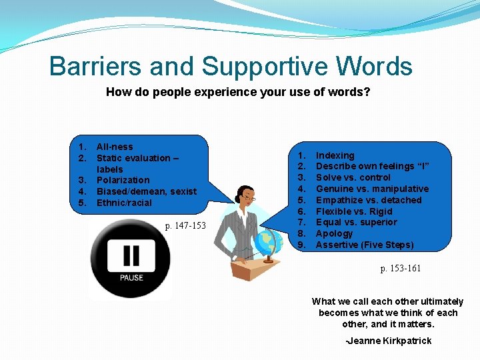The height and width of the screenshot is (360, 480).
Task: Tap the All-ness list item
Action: [115, 147]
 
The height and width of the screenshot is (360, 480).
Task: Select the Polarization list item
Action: [123, 180]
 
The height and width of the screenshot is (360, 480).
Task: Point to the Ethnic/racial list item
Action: [124, 203]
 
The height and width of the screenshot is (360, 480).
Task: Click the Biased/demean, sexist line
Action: [147, 191]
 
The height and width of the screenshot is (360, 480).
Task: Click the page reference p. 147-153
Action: [186, 226]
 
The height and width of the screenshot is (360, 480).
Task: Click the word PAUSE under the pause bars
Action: [132, 277]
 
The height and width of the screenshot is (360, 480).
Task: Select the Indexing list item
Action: [335, 155]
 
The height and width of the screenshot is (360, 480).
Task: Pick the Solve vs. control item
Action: [353, 177]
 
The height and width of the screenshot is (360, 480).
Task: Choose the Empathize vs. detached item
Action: [369, 200]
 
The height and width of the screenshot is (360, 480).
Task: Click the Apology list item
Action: [334, 233]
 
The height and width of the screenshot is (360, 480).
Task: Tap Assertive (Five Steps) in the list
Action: [365, 245]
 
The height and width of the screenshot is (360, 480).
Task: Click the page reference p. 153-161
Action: [401, 268]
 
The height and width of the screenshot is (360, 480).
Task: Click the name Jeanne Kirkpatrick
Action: [389, 341]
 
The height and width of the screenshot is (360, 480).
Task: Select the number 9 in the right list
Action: [301, 245]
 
